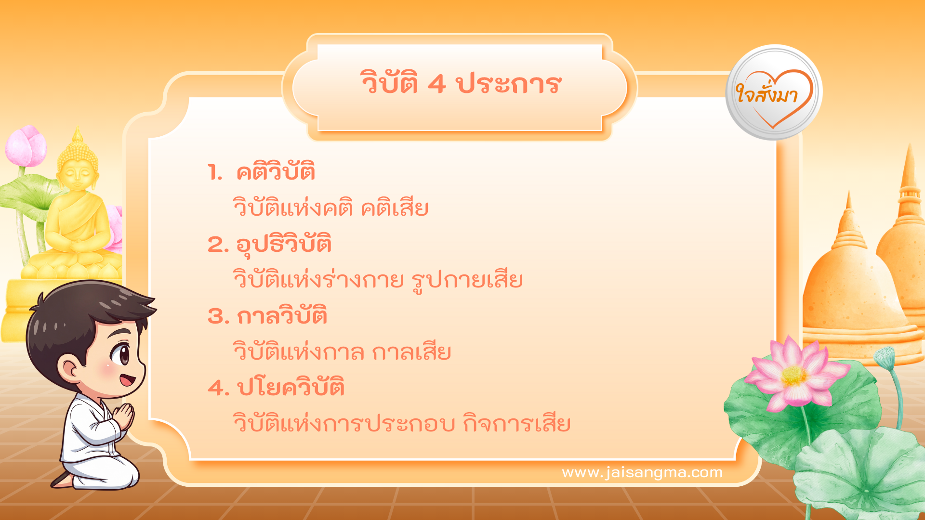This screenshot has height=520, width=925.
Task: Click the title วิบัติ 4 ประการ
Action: [461, 84]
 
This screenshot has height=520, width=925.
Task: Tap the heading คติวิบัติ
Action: [276, 172]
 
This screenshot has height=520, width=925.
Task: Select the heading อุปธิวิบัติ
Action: [284, 244]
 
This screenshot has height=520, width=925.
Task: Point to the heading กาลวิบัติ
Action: [282, 316]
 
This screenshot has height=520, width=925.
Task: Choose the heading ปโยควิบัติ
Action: [291, 388]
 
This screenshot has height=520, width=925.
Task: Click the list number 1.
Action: [214, 172]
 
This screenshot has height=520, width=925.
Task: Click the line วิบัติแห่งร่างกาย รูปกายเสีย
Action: [378, 280]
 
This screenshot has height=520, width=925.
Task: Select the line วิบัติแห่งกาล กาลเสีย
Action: [342, 351]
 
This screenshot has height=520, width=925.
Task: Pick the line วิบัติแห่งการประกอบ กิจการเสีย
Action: [402, 423]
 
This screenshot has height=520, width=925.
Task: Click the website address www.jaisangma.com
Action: [642, 472]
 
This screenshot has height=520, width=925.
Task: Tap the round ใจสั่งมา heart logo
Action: [774, 92]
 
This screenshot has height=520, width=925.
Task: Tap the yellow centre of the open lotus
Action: [793, 377]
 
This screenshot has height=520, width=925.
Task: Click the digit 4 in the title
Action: [436, 84]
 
